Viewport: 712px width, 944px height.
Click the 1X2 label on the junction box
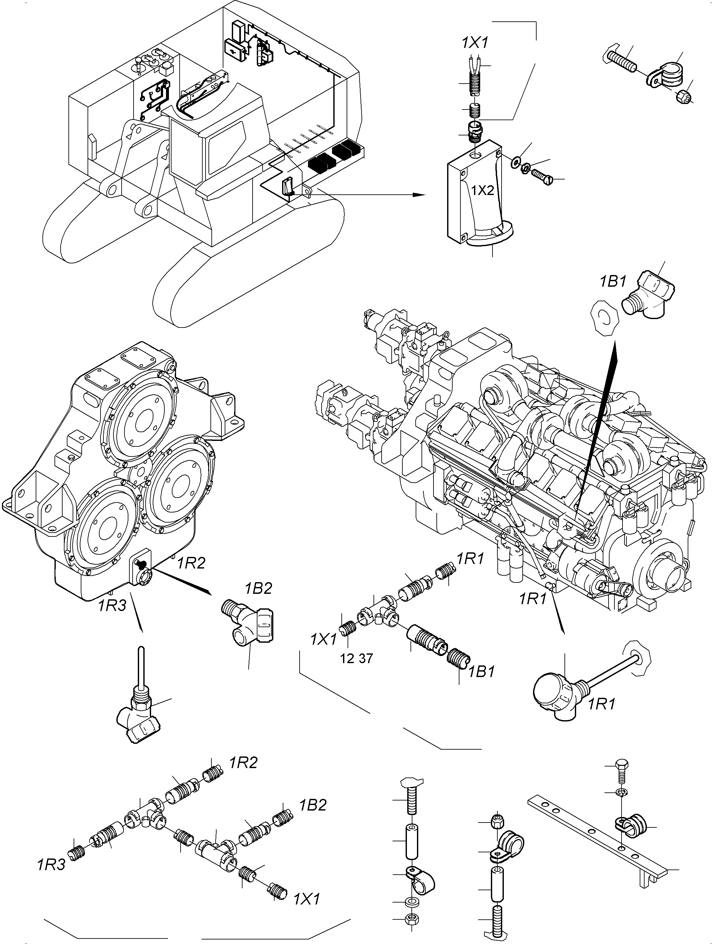click(483, 190)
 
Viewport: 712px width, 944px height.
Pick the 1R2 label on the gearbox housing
click(191, 563)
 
